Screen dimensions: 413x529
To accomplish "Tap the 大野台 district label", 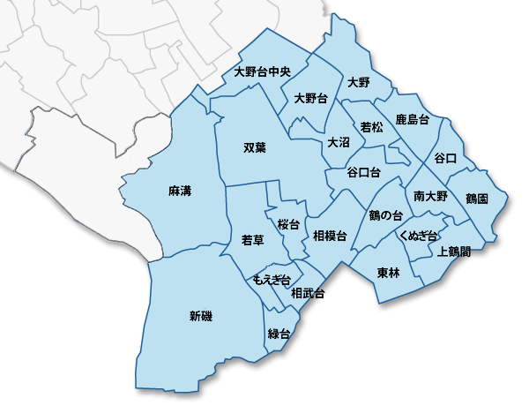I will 311,99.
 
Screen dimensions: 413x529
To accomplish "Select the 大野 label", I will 359,83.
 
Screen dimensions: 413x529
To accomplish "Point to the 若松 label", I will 372,128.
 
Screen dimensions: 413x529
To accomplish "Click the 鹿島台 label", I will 413,119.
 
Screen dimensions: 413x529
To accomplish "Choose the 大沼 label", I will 339,142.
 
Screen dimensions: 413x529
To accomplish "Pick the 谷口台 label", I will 364,171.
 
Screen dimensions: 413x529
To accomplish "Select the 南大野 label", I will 430,195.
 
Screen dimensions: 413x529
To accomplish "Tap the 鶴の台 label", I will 386,215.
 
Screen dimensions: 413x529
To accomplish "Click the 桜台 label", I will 288,224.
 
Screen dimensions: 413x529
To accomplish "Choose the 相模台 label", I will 330,235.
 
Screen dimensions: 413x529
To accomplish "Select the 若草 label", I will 253,240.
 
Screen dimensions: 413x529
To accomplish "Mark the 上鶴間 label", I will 454,252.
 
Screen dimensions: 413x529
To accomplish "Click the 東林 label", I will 388,273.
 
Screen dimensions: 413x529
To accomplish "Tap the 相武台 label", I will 309,293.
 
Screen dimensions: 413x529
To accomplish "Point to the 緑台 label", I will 279,334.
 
